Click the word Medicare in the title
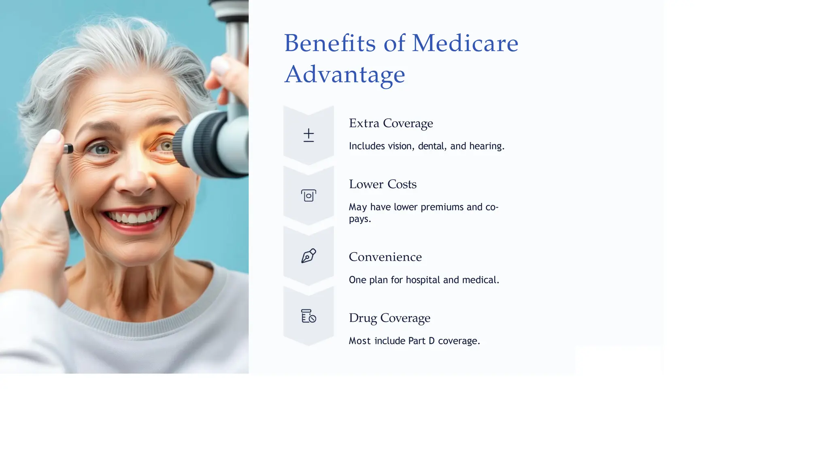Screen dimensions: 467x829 pos(465,43)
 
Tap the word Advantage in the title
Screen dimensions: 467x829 pos(344,74)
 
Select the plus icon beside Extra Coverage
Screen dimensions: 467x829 pos(308,135)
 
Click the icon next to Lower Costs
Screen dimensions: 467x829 pos(308,196)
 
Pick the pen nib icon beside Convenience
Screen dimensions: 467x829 pos(308,256)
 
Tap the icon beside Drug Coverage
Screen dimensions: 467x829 pos(308,316)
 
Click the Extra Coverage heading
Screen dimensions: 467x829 pos(391,123)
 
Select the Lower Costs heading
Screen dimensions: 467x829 pos(383,184)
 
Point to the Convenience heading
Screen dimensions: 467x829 pos(385,257)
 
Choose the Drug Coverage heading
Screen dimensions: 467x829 pos(389,318)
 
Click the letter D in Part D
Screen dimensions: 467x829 pos(432,341)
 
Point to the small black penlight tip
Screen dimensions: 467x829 pos(68,149)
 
